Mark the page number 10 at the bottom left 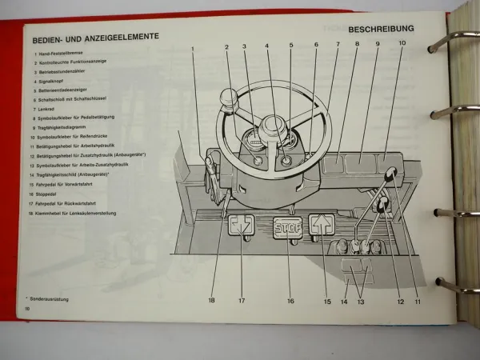[27, 308]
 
